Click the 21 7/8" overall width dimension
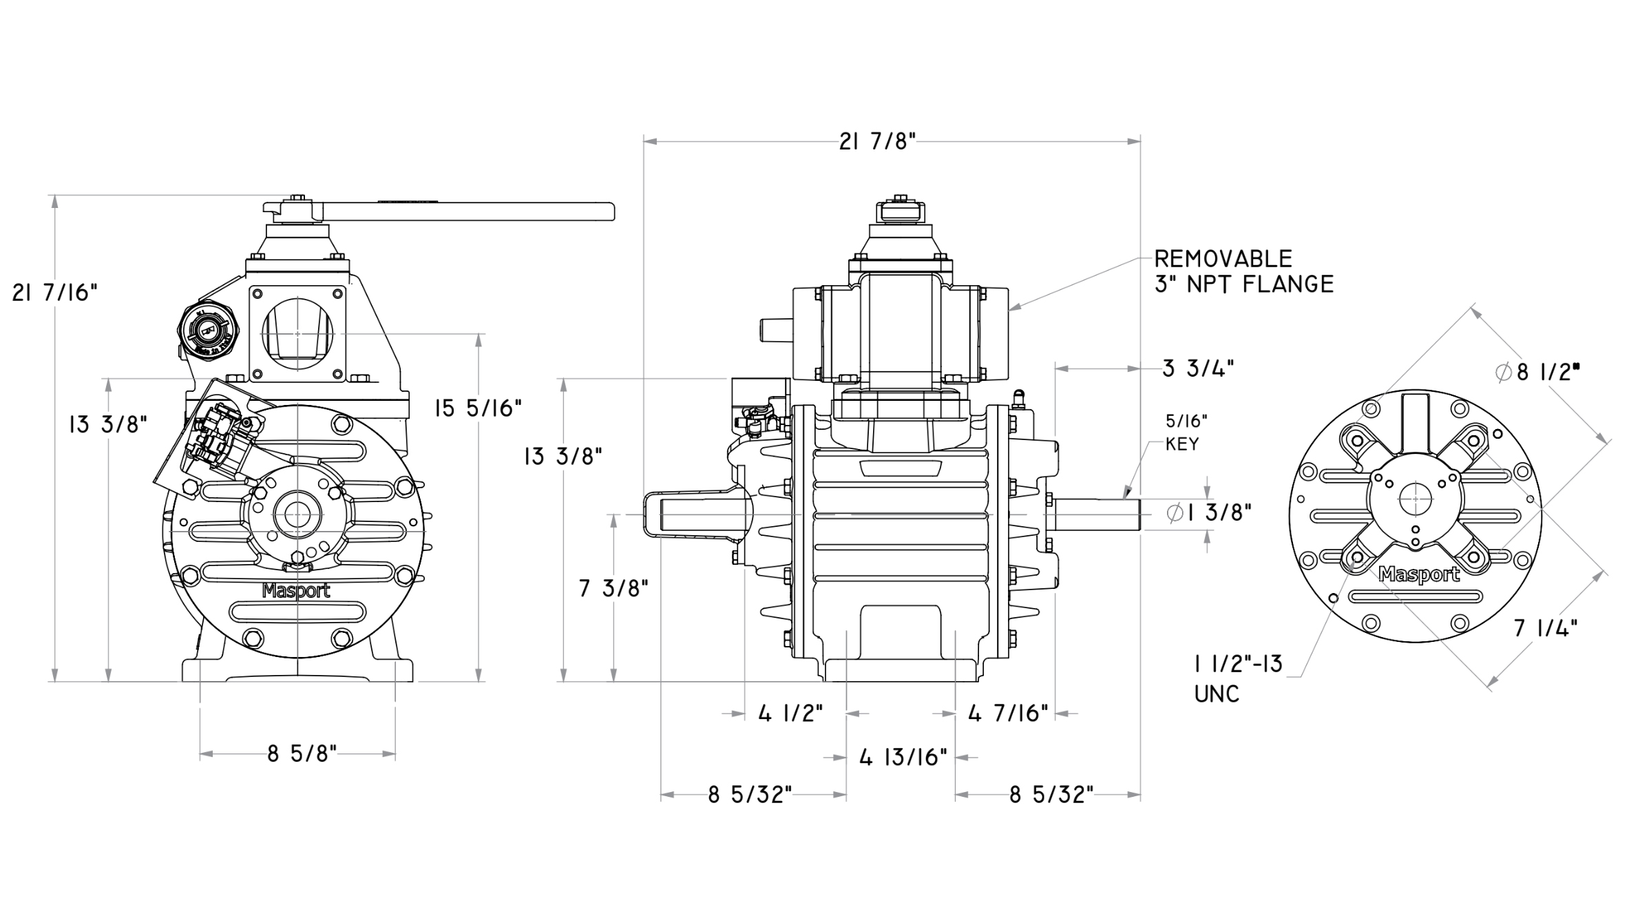(877, 142)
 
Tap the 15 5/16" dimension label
(478, 408)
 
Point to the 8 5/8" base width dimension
(302, 755)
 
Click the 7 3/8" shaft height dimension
(613, 589)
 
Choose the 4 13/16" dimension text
(903, 758)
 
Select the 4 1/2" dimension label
(790, 714)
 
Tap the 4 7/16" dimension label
(1008, 714)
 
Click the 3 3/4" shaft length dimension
(1198, 368)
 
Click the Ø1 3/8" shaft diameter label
(1209, 512)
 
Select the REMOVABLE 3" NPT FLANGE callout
(1243, 271)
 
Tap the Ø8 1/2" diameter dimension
(1537, 373)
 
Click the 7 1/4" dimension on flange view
(1546, 628)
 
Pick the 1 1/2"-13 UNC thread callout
(1238, 678)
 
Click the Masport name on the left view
(297, 591)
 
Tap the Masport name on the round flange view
(1419, 574)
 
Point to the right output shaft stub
(1095, 514)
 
